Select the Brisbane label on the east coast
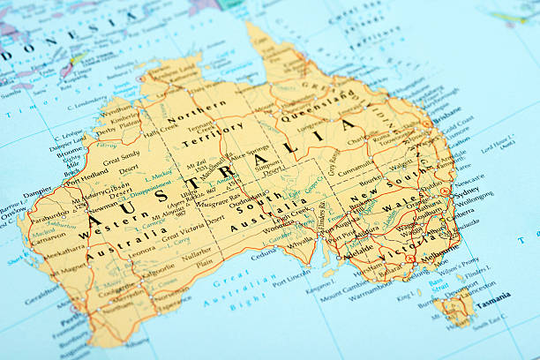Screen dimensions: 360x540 click(447, 115)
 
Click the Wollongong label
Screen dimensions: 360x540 click(475, 200)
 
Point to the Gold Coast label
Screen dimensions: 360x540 click(457, 128)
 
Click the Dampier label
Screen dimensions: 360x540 click(37, 190)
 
